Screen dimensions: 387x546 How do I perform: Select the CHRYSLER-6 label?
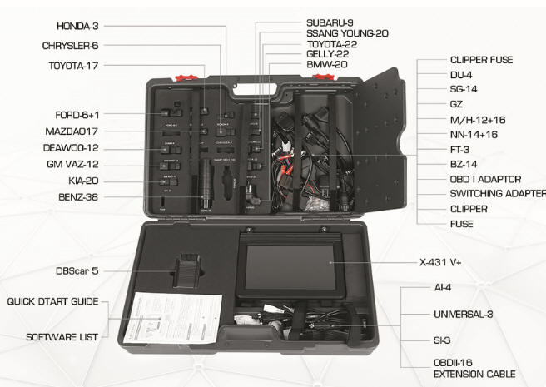click(71, 46)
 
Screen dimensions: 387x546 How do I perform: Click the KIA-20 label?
click(82, 180)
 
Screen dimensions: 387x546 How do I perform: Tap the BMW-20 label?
click(327, 64)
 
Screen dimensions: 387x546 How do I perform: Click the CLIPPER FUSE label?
click(481, 60)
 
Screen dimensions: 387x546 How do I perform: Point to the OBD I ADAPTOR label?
click(485, 179)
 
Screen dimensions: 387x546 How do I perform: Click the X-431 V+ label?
click(445, 261)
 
